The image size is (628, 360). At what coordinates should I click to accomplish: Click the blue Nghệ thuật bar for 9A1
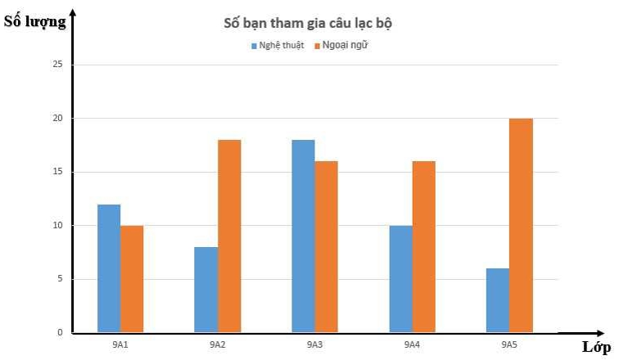tap(109, 268)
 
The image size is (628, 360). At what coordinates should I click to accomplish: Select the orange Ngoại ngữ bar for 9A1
tap(132, 279)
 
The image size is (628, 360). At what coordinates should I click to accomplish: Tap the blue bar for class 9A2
tap(206, 290)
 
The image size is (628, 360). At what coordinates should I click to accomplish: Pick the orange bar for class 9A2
tap(229, 236)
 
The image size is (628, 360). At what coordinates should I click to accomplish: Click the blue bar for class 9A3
tap(303, 236)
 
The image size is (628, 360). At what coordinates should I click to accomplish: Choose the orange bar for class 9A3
tap(326, 247)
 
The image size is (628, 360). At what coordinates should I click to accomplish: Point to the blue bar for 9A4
tap(400, 279)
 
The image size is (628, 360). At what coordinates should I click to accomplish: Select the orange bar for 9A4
tap(423, 247)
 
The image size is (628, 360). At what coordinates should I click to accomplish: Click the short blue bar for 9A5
tap(497, 300)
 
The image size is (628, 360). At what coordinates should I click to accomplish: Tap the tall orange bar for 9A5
tap(521, 226)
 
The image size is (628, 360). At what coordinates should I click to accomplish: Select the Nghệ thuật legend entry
tap(277, 45)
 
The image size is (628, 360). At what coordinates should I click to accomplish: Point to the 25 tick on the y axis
tap(56, 65)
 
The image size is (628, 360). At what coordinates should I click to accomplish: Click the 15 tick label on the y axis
tap(56, 172)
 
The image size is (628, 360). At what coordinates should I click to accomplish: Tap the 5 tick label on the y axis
tap(59, 279)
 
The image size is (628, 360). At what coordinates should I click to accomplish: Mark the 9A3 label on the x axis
tap(314, 345)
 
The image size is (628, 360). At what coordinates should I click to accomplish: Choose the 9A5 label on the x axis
tap(508, 345)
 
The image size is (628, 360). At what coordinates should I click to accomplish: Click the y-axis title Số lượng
tap(34, 22)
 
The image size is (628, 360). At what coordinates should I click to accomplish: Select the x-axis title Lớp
tap(596, 347)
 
